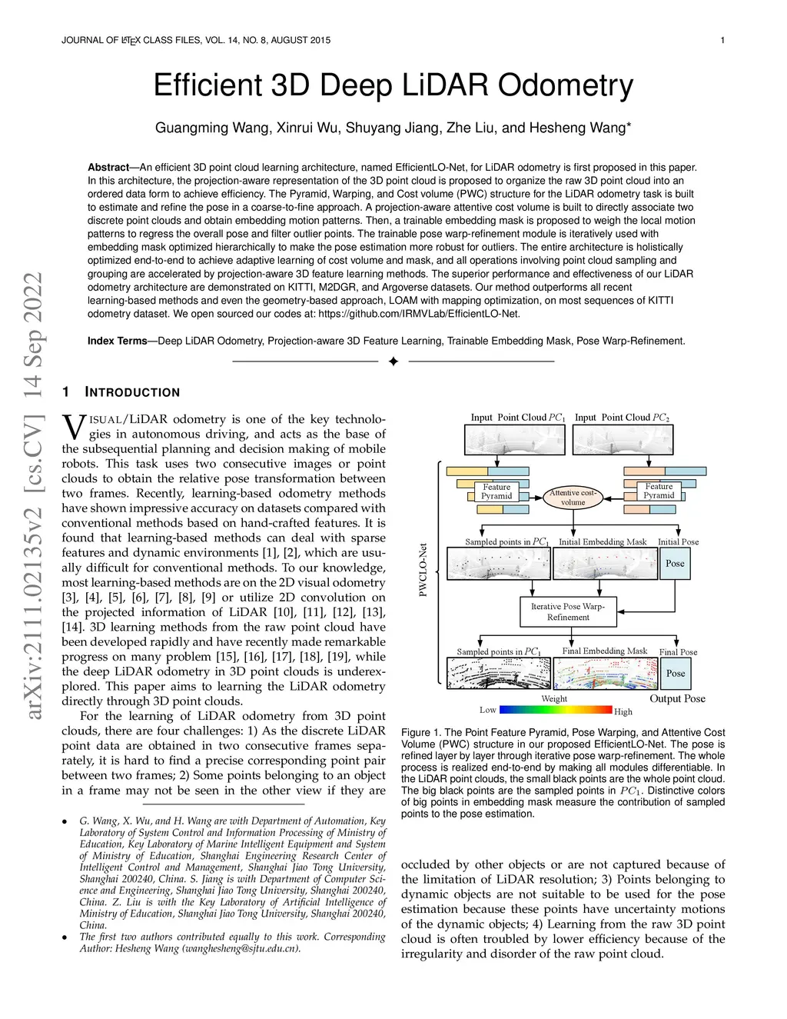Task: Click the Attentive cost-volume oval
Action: pos(573,497)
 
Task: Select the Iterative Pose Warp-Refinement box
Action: pos(568,611)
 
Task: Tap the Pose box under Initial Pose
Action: pos(675,564)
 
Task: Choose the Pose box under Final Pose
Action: pos(676,674)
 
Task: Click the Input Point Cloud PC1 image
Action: pos(514,440)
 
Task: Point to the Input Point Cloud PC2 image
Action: pos(622,440)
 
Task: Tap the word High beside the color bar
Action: pos(623,712)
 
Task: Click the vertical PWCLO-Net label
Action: pos(423,570)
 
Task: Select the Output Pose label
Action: pos(677,698)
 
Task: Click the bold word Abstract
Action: pos(108,167)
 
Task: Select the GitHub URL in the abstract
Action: pos(419,314)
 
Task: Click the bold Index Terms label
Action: pos(117,341)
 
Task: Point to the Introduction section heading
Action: pos(132,392)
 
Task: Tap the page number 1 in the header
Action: pos(722,40)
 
